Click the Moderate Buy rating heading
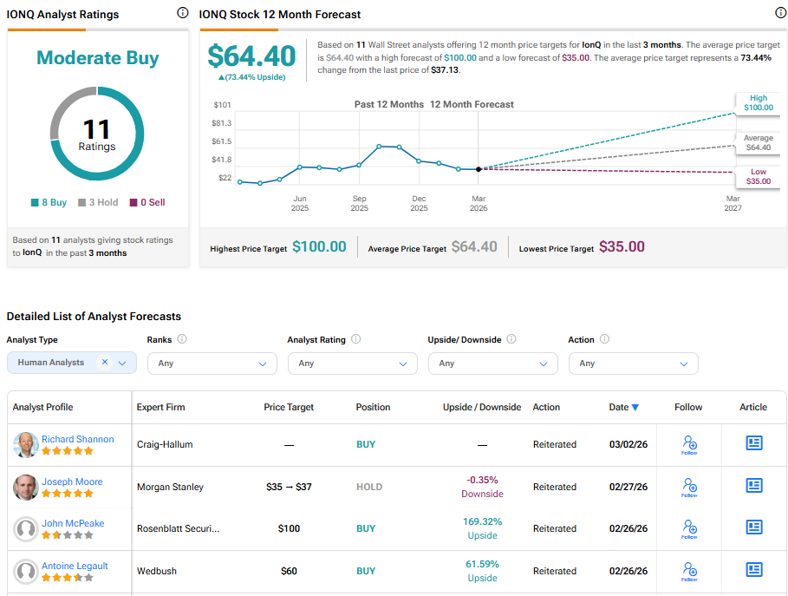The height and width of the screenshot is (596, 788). (x=97, y=58)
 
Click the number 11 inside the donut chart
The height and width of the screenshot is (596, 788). (x=97, y=129)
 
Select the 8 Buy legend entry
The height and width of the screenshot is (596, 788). (x=49, y=202)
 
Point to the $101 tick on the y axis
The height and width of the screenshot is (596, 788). (x=222, y=105)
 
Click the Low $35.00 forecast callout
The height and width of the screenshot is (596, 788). (x=758, y=176)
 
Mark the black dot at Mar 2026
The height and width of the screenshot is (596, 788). (x=479, y=168)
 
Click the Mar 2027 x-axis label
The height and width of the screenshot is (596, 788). (x=733, y=203)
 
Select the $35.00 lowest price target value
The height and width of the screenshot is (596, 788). (x=622, y=246)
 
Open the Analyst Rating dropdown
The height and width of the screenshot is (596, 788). (x=353, y=363)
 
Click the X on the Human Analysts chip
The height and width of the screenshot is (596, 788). (x=105, y=363)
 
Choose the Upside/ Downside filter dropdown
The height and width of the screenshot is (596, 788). (x=493, y=363)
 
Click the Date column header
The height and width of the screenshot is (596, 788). (x=623, y=407)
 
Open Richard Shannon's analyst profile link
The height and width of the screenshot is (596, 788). (x=78, y=439)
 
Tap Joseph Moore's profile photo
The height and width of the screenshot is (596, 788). (x=26, y=488)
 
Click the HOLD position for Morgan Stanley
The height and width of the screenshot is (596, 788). (x=369, y=487)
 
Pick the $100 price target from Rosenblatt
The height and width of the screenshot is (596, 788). (x=289, y=528)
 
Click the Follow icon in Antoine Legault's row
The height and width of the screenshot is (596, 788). (x=689, y=570)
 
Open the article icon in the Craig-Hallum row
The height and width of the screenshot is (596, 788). (x=754, y=443)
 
